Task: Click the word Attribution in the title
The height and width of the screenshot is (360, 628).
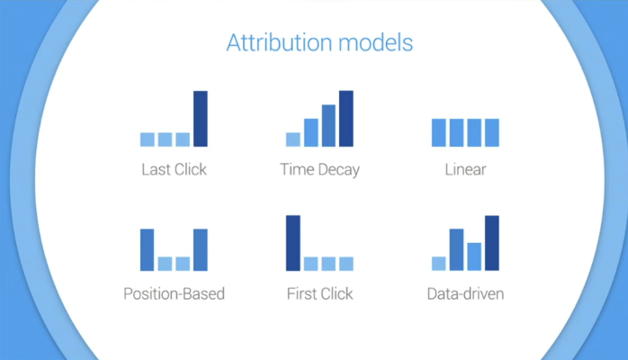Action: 279,42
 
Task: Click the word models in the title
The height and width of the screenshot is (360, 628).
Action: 376,42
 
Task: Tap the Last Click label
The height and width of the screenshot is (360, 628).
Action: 175,169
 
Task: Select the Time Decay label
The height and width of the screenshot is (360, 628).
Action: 319,170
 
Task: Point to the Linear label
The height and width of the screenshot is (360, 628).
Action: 465,169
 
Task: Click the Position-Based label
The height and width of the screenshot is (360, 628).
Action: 175,293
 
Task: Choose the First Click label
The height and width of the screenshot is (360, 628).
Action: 319,293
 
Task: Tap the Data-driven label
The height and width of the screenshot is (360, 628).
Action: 465,293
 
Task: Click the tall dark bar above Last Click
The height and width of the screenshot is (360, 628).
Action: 201,119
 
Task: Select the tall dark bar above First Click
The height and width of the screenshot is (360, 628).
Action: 293,243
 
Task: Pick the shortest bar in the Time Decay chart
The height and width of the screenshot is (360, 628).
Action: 293,139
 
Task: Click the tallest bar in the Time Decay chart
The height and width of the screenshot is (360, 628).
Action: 346,119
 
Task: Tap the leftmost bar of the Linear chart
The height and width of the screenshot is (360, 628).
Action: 439,132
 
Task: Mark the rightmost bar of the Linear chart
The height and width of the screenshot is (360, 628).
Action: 492,132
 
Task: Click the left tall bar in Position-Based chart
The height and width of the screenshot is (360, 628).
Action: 148,250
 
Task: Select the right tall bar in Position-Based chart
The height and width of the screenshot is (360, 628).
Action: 201,250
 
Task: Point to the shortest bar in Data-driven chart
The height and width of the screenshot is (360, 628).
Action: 439,264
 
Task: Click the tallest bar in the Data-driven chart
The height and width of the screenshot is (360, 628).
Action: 492,243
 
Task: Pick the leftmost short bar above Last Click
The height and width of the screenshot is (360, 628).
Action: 148,139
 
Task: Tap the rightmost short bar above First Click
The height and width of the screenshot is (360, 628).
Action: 346,264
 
